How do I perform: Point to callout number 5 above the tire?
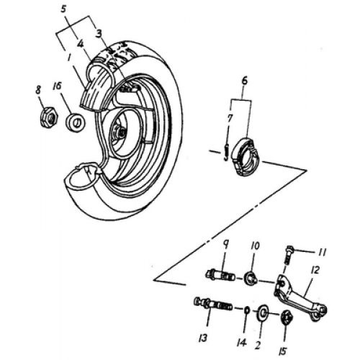pos(64,11)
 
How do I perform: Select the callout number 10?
pos(254,246)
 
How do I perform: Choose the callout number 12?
pos(314,271)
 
